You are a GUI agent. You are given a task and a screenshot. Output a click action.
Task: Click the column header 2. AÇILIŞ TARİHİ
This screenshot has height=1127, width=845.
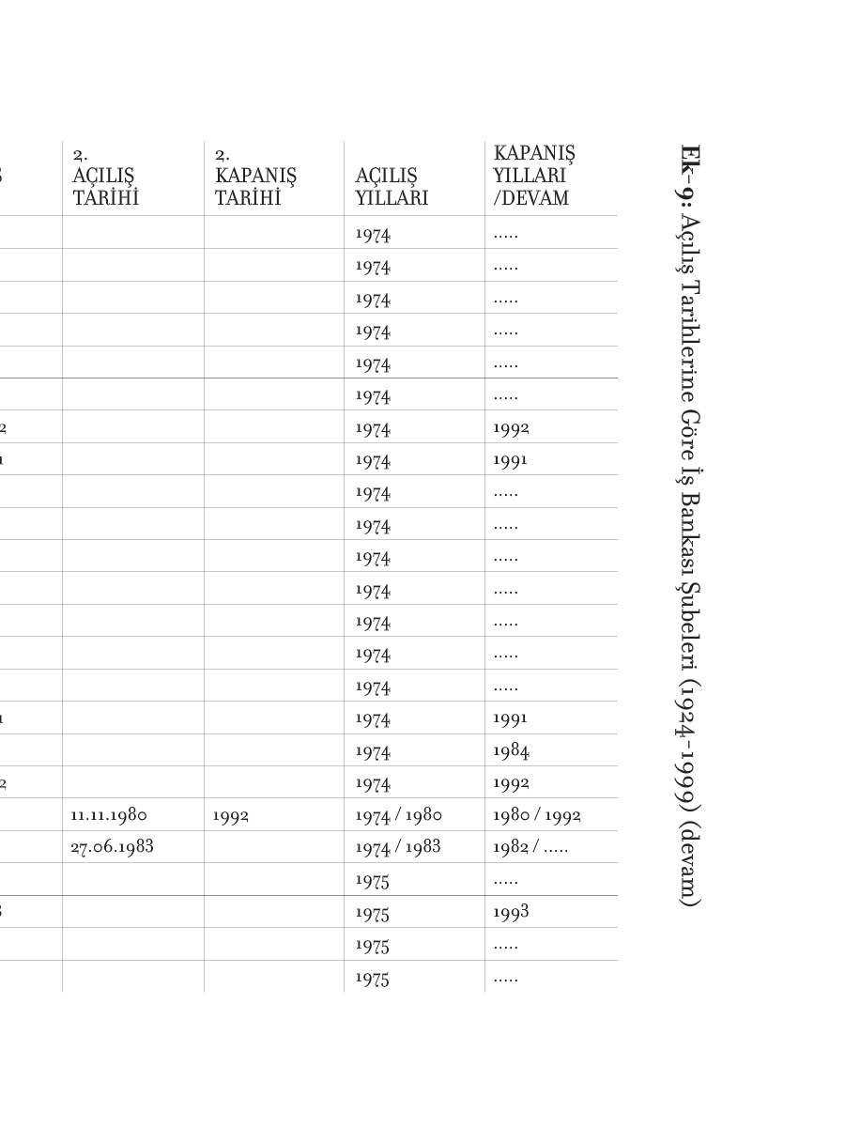click(104, 177)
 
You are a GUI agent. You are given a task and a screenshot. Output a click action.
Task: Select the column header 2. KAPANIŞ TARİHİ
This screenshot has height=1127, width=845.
click(255, 177)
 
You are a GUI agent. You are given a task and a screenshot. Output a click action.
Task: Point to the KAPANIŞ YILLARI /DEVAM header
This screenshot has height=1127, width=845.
click(534, 176)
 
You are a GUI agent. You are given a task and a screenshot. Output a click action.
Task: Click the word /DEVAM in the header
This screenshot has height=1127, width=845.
click(530, 199)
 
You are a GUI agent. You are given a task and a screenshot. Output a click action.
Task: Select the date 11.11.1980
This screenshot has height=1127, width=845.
click(109, 815)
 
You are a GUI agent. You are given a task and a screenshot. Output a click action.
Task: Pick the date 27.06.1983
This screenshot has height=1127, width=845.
click(112, 847)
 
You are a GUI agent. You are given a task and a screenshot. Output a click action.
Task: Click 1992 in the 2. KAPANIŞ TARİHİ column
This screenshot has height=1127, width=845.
click(231, 816)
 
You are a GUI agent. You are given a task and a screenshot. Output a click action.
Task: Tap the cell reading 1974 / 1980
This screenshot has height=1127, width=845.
click(398, 815)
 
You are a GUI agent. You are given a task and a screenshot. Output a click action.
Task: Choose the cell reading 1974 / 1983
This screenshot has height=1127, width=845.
click(398, 847)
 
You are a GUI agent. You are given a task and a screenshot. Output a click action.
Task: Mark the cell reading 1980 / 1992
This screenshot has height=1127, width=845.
click(536, 815)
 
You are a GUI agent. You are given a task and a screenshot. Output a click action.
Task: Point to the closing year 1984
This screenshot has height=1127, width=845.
click(511, 750)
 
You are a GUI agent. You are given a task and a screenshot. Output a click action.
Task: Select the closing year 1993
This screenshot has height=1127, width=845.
click(511, 912)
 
